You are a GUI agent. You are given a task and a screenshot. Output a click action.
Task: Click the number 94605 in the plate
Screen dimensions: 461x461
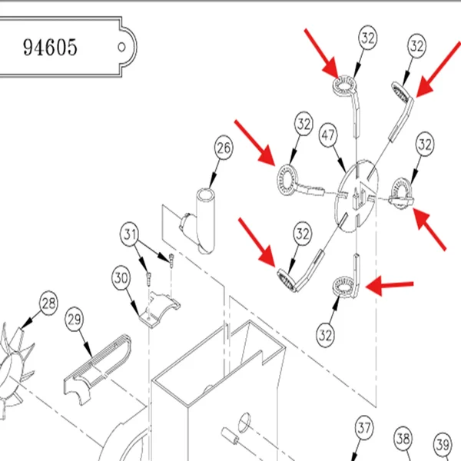pyautogui.click(x=50, y=47)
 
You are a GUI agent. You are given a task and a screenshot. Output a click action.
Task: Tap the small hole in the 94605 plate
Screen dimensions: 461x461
pyautogui.click(x=121, y=47)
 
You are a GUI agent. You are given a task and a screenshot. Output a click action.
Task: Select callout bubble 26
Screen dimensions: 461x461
pyautogui.click(x=224, y=148)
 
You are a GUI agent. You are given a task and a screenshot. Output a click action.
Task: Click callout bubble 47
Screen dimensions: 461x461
pyautogui.click(x=328, y=135)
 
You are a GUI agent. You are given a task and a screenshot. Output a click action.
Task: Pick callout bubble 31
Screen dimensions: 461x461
pyautogui.click(x=130, y=234)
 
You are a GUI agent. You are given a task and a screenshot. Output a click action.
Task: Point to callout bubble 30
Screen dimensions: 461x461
pyautogui.click(x=121, y=278)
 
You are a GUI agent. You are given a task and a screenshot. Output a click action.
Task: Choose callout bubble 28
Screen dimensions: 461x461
pyautogui.click(x=48, y=303)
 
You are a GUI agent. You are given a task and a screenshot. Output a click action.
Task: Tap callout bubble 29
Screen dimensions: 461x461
pyautogui.click(x=74, y=319)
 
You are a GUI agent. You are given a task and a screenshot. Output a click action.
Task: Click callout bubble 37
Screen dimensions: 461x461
pyautogui.click(x=364, y=428)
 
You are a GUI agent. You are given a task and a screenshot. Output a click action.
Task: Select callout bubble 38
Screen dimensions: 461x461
pyautogui.click(x=403, y=439)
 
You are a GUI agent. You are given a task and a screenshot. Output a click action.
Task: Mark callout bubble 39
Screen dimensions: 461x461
pyautogui.click(x=443, y=444)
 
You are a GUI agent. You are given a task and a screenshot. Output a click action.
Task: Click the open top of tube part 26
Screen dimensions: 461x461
pyautogui.click(x=205, y=194)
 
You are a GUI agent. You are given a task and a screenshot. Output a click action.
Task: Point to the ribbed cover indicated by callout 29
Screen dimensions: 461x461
pyautogui.click(x=97, y=369)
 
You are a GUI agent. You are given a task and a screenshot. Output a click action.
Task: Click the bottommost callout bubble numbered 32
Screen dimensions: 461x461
pyautogui.click(x=325, y=335)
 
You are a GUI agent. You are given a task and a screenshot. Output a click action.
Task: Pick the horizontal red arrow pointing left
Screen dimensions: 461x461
pyautogui.click(x=390, y=285)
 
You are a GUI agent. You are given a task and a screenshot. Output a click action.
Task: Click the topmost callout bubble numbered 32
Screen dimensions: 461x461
pyautogui.click(x=368, y=38)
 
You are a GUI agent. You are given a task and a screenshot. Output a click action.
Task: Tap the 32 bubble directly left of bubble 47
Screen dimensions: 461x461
pyautogui.click(x=303, y=124)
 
